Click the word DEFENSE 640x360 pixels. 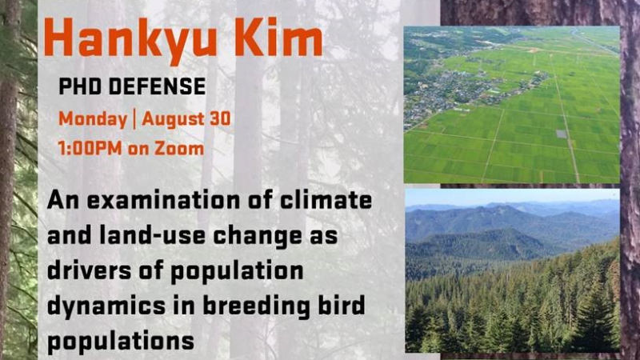pyautogui.click(x=157, y=86)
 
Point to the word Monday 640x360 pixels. pyautogui.click(x=93, y=119)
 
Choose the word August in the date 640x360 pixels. pyautogui.click(x=174, y=119)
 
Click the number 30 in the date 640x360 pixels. pyautogui.click(x=221, y=118)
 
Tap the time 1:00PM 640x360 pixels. pyautogui.click(x=90, y=148)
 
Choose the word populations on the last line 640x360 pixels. pyautogui.click(x=121, y=342)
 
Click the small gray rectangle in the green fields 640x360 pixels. pyautogui.click(x=562, y=134)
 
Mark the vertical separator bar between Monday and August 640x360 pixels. pyautogui.click(x=134, y=119)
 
